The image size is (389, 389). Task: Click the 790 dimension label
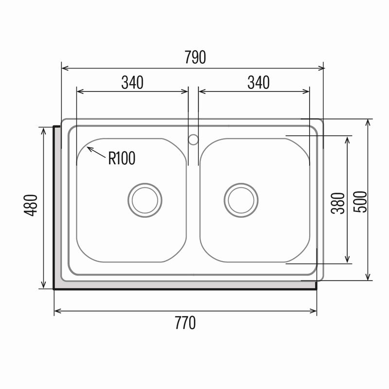[x=195, y=57]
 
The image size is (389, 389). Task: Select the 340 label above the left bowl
[x=132, y=82]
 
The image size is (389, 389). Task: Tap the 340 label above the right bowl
[x=259, y=82]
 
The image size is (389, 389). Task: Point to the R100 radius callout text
[x=122, y=158]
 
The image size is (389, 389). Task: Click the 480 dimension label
[x=31, y=205]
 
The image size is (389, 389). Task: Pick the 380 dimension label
[x=338, y=203]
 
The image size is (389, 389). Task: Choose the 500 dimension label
[x=360, y=202]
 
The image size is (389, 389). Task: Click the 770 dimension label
[x=185, y=323]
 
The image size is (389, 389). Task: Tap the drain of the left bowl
[x=145, y=200]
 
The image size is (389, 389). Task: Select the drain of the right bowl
[x=241, y=200]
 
